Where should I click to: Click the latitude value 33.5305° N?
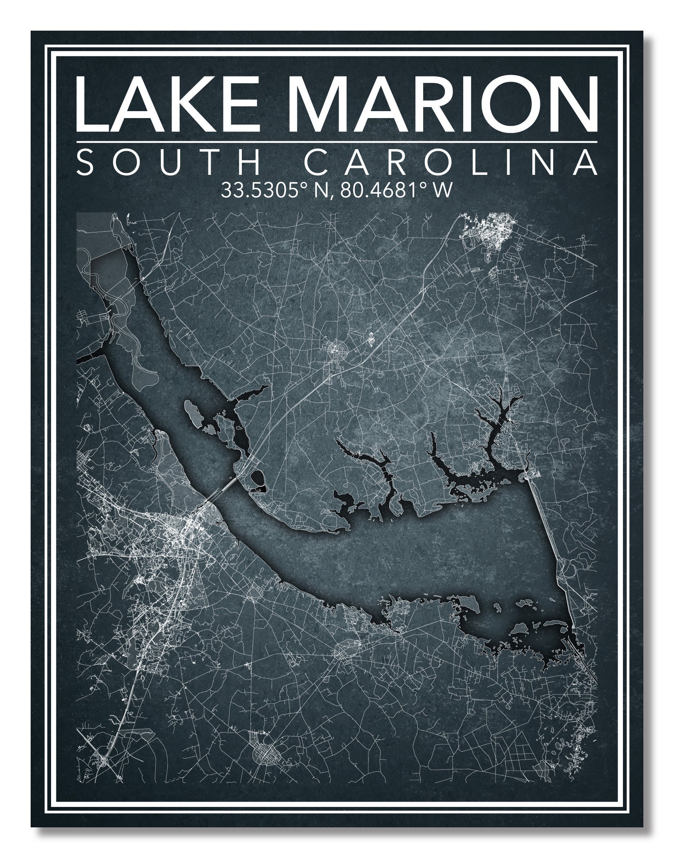tap(270, 190)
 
